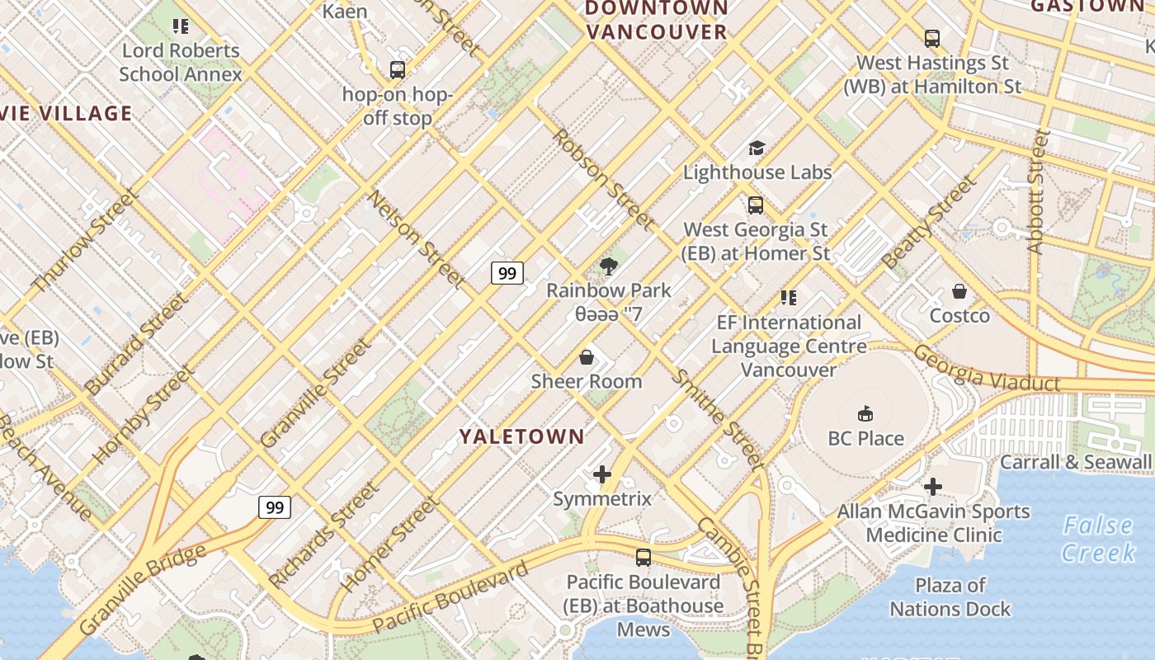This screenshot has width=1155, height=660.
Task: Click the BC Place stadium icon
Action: click(865, 413)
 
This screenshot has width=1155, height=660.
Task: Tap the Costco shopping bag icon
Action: click(959, 291)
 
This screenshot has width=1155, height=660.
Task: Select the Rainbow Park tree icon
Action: click(609, 266)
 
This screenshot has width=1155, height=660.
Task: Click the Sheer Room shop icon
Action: click(587, 357)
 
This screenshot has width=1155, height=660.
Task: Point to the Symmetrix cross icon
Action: click(602, 474)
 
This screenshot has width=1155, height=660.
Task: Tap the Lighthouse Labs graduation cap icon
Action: click(757, 148)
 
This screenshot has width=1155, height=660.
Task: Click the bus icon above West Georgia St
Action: click(756, 205)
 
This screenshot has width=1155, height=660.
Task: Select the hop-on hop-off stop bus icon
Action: click(398, 70)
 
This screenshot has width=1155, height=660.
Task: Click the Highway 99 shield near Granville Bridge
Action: click(275, 507)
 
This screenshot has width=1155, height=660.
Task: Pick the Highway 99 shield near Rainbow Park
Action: click(507, 273)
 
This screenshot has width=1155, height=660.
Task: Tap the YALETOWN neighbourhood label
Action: click(521, 436)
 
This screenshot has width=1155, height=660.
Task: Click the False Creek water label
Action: click(1097, 538)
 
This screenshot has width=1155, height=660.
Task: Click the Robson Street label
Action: click(603, 180)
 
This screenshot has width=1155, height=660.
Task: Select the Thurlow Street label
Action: click(85, 240)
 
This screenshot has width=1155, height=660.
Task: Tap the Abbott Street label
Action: click(1039, 191)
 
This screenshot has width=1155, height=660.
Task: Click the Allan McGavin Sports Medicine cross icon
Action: click(933, 487)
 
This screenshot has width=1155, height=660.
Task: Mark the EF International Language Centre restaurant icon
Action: click(789, 298)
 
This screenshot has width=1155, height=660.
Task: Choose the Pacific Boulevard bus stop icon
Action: click(643, 558)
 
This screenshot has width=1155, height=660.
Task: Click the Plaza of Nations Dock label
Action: click(950, 597)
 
